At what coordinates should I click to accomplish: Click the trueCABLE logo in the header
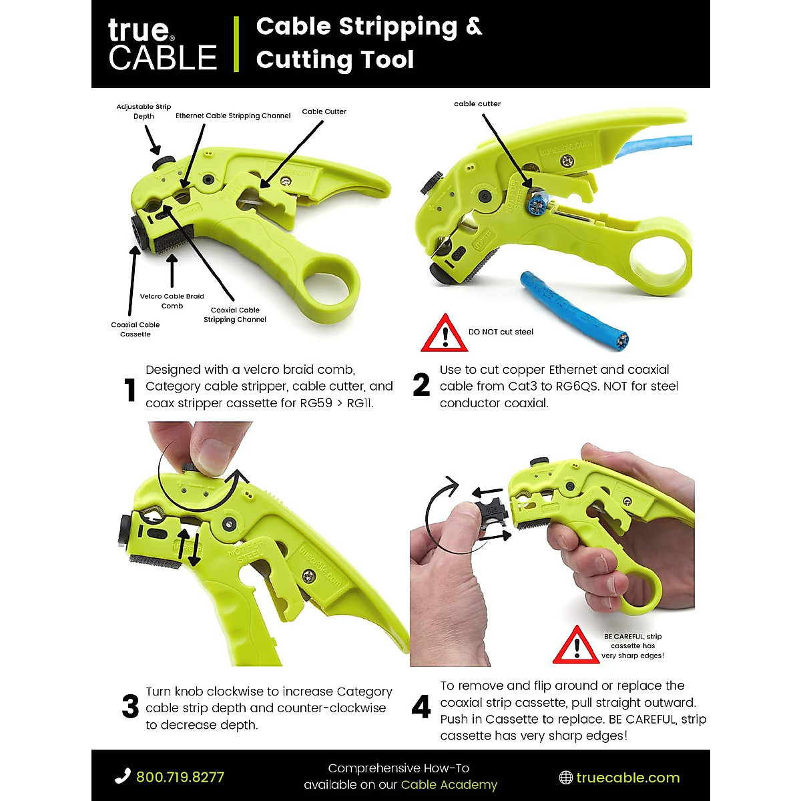click(x=162, y=45)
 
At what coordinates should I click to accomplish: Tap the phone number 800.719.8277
click(x=180, y=777)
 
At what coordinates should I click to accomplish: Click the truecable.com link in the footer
click(x=627, y=778)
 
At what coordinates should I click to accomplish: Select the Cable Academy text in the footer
click(x=449, y=785)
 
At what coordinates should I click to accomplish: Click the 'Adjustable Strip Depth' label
click(x=144, y=111)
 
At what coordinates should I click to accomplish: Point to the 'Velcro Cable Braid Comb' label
click(x=172, y=301)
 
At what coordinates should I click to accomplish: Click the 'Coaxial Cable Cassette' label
click(x=136, y=329)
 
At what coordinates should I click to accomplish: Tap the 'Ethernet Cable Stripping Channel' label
click(x=233, y=115)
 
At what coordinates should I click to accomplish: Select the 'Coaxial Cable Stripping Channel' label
click(x=235, y=314)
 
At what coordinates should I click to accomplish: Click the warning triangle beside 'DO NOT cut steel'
click(x=445, y=334)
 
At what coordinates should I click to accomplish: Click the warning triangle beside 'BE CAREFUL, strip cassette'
click(x=576, y=645)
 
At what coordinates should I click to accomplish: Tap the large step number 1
click(x=130, y=390)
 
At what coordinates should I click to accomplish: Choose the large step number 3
click(x=131, y=707)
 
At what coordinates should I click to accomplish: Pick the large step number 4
click(x=421, y=707)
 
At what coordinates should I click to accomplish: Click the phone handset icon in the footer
click(x=123, y=776)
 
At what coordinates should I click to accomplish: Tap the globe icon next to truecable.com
click(x=565, y=778)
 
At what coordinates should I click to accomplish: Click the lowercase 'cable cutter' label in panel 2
click(x=477, y=103)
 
